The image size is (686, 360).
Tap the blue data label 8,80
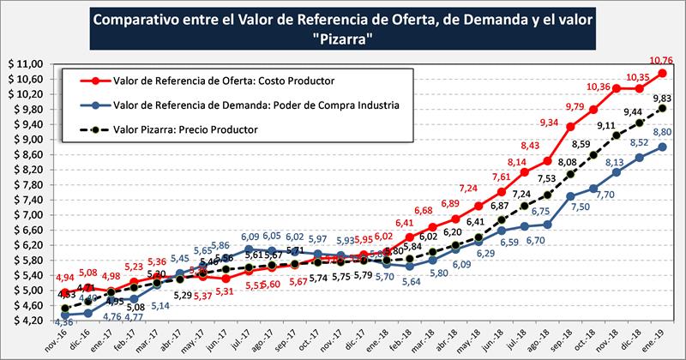(663, 133)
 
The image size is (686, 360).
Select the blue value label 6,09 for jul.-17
(250, 237)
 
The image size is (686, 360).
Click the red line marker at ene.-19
(661, 74)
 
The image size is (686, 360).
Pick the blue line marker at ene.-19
(661, 147)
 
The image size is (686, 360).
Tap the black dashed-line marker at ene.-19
(661, 109)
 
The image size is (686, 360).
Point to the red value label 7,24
(468, 189)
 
